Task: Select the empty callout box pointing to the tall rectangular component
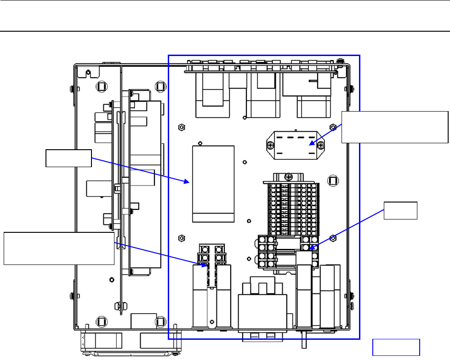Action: coord(68,158)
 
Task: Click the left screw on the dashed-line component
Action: coord(269,146)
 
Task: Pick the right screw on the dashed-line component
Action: coord(321,146)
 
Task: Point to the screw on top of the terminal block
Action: coord(288,176)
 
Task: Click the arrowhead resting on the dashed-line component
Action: coord(310,144)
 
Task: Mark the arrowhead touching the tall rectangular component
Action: coord(188,182)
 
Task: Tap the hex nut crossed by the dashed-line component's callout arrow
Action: coord(333,127)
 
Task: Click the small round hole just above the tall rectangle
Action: coord(200,142)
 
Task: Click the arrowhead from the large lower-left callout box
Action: coord(205,265)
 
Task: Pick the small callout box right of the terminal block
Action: coord(401,210)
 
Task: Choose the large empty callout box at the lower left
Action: coord(59,248)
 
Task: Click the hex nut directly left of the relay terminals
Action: coord(181,238)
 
